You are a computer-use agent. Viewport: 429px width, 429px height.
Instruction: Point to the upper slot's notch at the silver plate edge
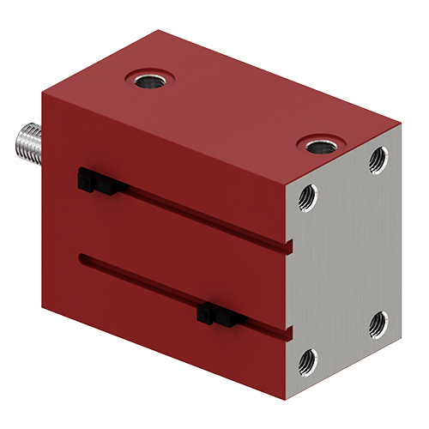[290, 248]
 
